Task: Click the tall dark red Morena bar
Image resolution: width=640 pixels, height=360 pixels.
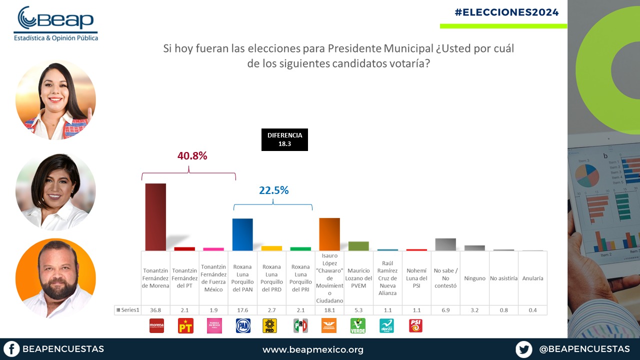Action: (x=155, y=216)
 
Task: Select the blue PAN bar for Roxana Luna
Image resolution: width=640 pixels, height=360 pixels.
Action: (x=242, y=234)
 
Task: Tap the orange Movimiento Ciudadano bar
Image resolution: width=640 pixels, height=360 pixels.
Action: (x=329, y=234)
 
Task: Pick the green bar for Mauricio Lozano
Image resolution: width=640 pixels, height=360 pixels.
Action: (x=358, y=246)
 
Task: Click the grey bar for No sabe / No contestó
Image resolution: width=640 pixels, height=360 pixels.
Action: (x=445, y=244)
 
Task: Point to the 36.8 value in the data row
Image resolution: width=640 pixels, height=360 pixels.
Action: (x=155, y=310)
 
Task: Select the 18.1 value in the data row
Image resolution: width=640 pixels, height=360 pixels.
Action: (x=329, y=310)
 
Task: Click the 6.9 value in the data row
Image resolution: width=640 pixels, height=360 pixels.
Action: (x=445, y=310)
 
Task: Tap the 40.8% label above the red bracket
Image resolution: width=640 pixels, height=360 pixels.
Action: (x=192, y=156)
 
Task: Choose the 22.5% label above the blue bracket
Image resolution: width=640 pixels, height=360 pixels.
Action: (x=273, y=190)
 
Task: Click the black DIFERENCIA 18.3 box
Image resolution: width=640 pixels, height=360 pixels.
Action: (x=284, y=139)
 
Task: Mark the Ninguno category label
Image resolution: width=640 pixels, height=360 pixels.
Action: (x=474, y=278)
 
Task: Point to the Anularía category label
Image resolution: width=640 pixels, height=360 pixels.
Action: (x=532, y=278)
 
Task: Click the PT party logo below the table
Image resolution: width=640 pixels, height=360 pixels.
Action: (x=185, y=326)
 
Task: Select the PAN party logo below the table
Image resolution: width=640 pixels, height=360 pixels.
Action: (x=243, y=326)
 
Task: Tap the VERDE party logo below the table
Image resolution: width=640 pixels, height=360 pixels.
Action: (x=358, y=326)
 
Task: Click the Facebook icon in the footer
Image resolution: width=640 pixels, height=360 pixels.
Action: (x=11, y=349)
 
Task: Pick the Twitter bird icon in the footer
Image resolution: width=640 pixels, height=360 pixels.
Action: (x=524, y=349)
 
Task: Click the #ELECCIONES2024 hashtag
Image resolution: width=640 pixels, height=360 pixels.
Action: (x=507, y=12)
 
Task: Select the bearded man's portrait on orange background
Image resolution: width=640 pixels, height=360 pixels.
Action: (x=55, y=278)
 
